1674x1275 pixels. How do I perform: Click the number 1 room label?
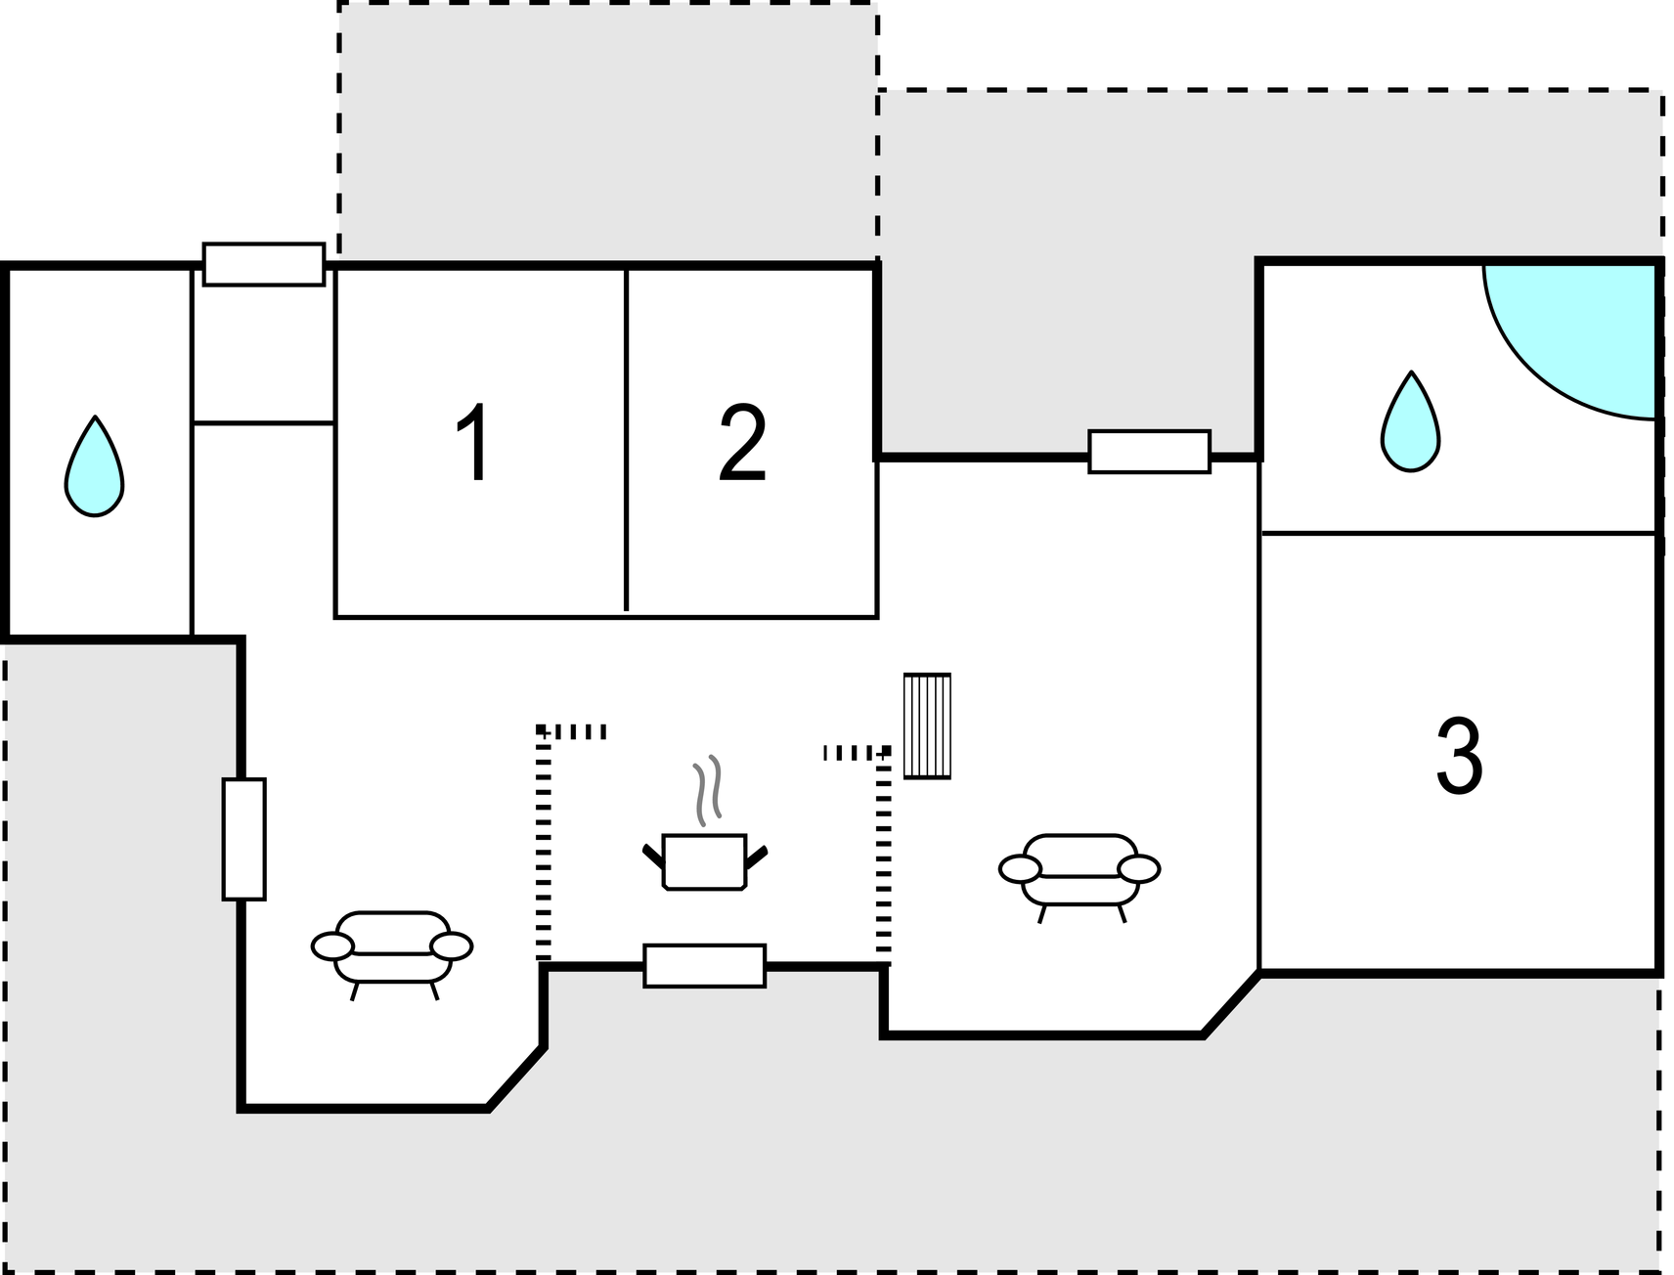(474, 444)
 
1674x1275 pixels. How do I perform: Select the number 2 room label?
(742, 443)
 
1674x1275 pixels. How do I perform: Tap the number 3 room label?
(1459, 757)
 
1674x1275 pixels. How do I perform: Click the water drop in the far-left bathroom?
(95, 467)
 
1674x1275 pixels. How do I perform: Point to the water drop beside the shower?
(1410, 422)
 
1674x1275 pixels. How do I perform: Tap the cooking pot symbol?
(705, 861)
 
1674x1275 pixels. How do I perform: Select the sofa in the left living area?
(392, 954)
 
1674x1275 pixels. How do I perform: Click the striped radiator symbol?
(927, 725)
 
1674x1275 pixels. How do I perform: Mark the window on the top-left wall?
(264, 264)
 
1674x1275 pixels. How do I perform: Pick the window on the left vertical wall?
(243, 839)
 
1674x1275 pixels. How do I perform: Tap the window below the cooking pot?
(704, 966)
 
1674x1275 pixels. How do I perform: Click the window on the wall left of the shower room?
(1149, 452)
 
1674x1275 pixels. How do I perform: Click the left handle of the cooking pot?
(653, 856)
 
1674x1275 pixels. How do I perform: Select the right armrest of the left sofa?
(452, 946)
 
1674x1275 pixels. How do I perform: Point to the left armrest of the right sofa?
(1020, 869)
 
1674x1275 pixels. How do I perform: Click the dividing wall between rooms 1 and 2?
(627, 439)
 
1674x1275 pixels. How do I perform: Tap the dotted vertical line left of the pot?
(544, 844)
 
